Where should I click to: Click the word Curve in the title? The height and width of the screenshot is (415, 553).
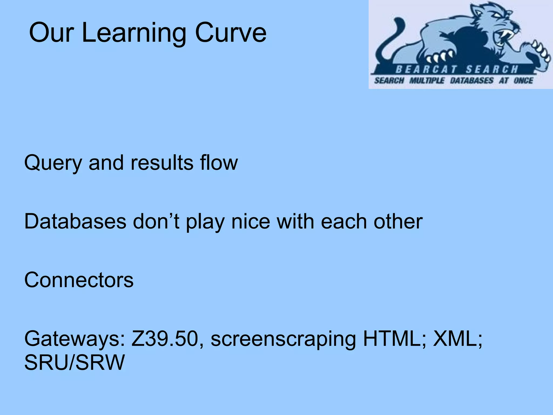pyautogui.click(x=231, y=33)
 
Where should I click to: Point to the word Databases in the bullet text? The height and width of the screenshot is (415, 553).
pyautogui.click(x=75, y=222)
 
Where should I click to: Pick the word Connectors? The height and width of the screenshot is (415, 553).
pyautogui.click(x=79, y=280)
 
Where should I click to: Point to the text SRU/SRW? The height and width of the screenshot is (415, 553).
pyautogui.click(x=75, y=363)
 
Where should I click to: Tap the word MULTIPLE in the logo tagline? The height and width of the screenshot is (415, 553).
pyautogui.click(x=427, y=81)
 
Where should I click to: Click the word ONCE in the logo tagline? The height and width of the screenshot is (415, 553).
pyautogui.click(x=523, y=81)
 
